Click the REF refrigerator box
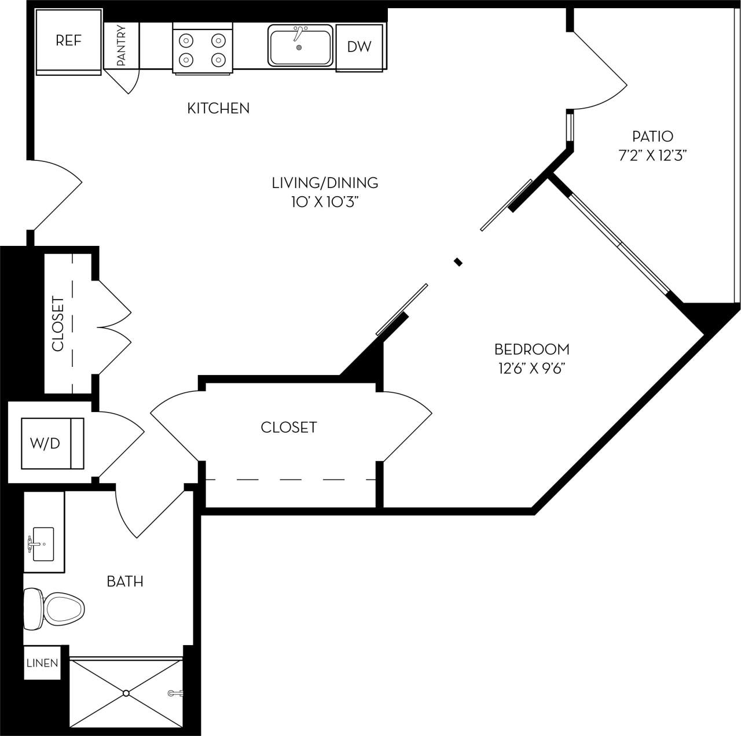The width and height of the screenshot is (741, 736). click(x=69, y=41)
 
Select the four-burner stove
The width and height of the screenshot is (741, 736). click(x=202, y=50)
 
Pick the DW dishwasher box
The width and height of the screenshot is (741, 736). click(x=359, y=47)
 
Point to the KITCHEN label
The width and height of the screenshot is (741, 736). click(x=218, y=108)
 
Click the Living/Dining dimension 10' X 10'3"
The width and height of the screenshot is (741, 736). click(x=325, y=202)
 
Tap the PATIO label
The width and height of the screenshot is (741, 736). click(x=652, y=137)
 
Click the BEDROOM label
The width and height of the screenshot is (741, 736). click(x=531, y=349)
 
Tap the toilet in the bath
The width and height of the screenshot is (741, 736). click(x=54, y=609)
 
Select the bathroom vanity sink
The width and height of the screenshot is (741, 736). click(x=43, y=544)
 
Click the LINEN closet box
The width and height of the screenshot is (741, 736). click(x=42, y=663)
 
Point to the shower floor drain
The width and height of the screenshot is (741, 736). click(x=126, y=692)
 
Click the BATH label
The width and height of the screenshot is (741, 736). click(x=125, y=581)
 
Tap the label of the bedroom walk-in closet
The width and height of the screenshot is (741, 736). click(x=288, y=428)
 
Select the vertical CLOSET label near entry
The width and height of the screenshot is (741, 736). click(x=58, y=323)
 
